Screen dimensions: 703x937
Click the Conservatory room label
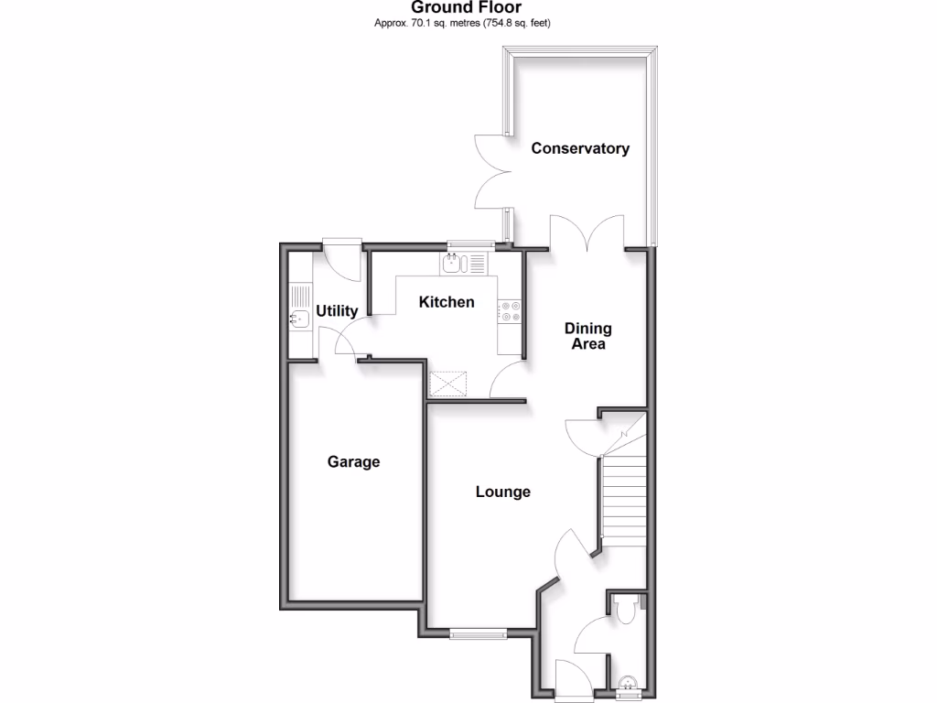pyautogui.click(x=580, y=148)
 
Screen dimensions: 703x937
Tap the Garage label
pyautogui.click(x=353, y=462)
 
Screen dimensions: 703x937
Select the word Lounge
pyautogui.click(x=502, y=492)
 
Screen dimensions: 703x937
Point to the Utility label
pyautogui.click(x=336, y=312)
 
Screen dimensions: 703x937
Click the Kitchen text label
pyautogui.click(x=447, y=302)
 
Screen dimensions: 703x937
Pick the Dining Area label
pyautogui.click(x=587, y=337)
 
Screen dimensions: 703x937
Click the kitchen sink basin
pyautogui.click(x=452, y=265)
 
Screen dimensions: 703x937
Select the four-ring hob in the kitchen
pyautogui.click(x=510, y=311)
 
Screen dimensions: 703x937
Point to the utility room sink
pyautogui.click(x=298, y=319)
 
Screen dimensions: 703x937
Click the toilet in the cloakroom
pyautogui.click(x=627, y=609)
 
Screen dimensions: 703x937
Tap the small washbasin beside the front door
pyautogui.click(x=628, y=682)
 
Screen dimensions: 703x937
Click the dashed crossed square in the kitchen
pyautogui.click(x=448, y=384)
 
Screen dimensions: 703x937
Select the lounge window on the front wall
pyautogui.click(x=478, y=633)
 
